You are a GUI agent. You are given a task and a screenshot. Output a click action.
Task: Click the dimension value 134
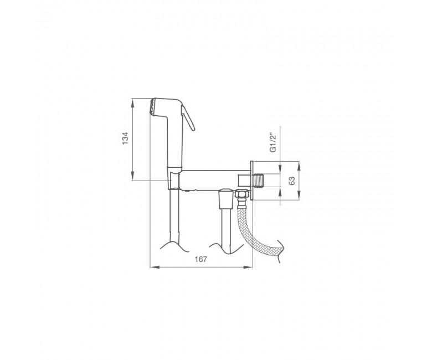click(125, 138)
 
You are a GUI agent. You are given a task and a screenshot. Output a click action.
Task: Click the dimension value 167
click(201, 259)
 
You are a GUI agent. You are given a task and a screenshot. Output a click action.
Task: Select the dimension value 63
click(292, 181)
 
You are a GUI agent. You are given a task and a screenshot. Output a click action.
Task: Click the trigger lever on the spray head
click(188, 117)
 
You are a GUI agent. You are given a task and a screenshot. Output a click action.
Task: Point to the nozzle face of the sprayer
click(151, 106)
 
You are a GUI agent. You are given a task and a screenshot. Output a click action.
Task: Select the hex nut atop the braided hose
click(241, 194)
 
